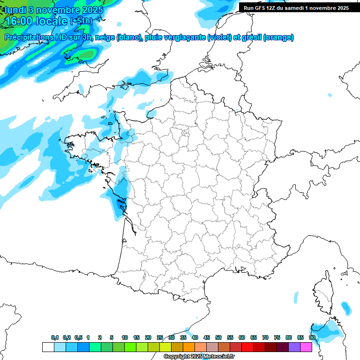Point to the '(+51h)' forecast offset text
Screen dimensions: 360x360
click(82, 21)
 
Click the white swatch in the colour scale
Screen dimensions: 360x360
click(48, 347)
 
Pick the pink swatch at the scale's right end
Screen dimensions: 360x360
click(306, 347)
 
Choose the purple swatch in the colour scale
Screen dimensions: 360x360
click(294, 347)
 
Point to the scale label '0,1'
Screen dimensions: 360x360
click(55, 338)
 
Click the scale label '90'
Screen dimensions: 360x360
click(312, 338)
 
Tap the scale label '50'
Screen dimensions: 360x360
click(218, 338)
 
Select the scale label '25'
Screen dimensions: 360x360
click(160, 338)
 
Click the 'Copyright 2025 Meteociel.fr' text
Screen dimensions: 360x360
click(199, 357)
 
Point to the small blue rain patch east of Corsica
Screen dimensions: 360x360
click(346, 308)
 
